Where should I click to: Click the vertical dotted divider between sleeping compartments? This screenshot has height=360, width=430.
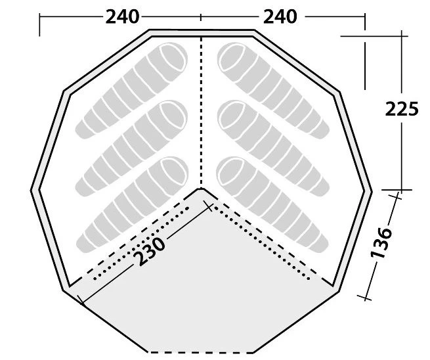(x=201, y=112)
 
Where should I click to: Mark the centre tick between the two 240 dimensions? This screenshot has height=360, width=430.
(x=201, y=16)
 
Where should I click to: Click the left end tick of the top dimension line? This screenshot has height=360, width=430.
(x=40, y=24)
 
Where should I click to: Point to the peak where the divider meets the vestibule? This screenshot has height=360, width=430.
(x=201, y=189)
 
